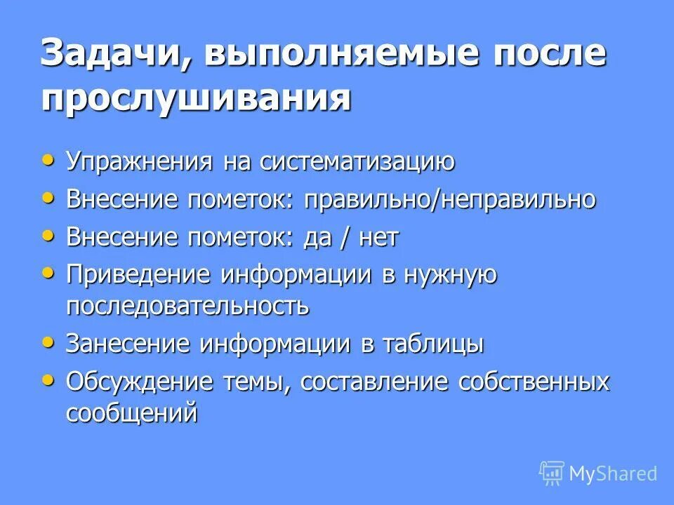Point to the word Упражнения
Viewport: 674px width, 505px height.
point(140,162)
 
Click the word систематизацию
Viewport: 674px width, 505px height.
point(357,162)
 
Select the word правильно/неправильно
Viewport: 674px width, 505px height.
point(450,200)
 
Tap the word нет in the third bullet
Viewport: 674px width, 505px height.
point(377,238)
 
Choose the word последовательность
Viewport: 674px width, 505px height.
point(187,307)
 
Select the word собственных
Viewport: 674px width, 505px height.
point(534,382)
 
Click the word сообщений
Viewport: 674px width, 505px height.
point(132,413)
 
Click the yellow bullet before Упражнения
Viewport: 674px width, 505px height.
point(48,160)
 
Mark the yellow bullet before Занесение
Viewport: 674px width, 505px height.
point(48,342)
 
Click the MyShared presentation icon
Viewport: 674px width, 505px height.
point(552,473)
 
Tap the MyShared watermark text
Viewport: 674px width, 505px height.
point(614,474)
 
